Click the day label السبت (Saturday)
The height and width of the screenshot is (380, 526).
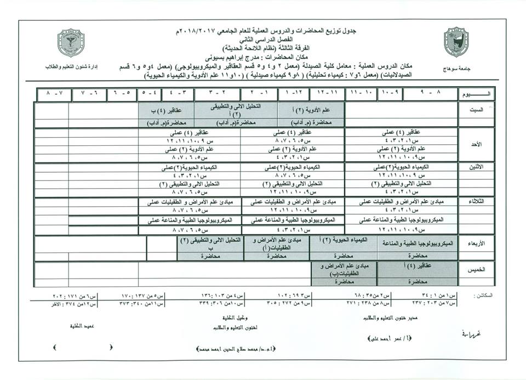tap(477, 110)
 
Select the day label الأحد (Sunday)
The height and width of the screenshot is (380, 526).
tap(477, 144)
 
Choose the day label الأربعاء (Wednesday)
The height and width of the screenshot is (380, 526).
tap(477, 243)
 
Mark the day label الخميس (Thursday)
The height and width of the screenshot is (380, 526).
tap(477, 270)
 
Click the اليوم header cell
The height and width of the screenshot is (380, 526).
tap(478, 95)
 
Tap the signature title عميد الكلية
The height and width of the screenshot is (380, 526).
tap(77, 325)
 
